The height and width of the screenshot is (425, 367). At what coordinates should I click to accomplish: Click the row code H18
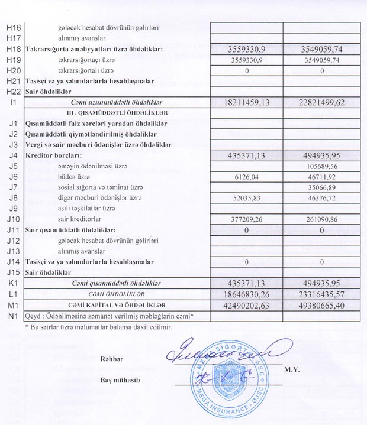click(14, 50)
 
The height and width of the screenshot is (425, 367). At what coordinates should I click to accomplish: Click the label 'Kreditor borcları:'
click(52, 156)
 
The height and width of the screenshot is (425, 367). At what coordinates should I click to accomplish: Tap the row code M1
click(13, 305)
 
